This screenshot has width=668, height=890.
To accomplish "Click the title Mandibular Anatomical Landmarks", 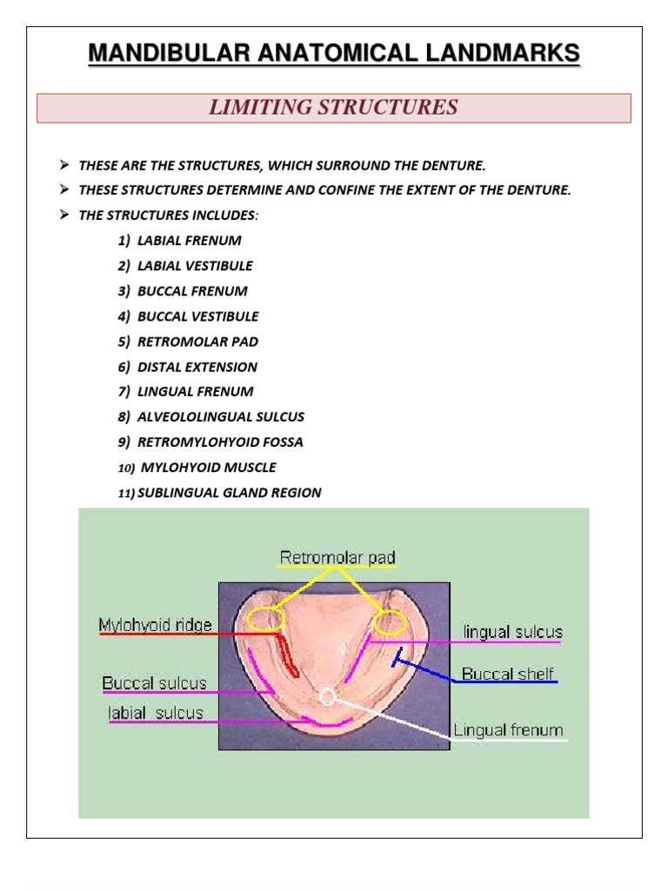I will (334, 54).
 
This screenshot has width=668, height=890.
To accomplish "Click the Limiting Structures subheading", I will (333, 108).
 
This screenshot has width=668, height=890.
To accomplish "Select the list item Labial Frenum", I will (189, 240).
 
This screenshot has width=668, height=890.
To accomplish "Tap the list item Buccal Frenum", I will (192, 290).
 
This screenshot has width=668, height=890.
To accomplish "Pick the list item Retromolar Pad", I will (197, 342).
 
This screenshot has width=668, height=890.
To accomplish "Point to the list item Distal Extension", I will (197, 367).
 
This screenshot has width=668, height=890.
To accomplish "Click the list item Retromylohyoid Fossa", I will (220, 442).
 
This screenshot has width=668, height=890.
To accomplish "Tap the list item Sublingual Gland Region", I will (229, 493).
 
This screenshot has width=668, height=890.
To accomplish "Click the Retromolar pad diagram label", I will (337, 556).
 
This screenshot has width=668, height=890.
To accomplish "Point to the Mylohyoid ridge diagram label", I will (155, 625).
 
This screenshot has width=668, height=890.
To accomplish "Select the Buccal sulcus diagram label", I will (155, 683).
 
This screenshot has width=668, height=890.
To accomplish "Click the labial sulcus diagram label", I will (156, 713).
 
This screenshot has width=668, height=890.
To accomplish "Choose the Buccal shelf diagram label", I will (507, 674).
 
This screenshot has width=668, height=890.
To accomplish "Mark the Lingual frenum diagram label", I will (508, 730).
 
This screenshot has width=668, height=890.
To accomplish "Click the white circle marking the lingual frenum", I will (327, 696).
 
